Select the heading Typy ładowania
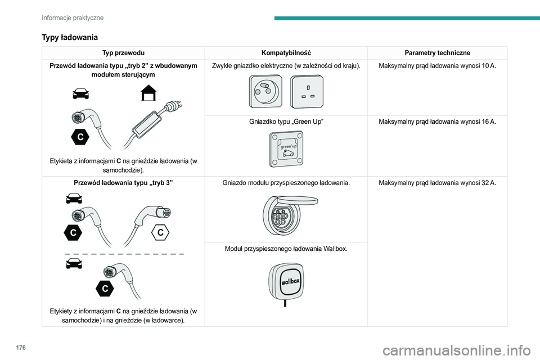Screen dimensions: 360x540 pyautogui.click(x=70, y=37)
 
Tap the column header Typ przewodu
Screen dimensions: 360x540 pyautogui.click(x=123, y=52)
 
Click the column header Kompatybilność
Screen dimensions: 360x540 pyautogui.click(x=286, y=52)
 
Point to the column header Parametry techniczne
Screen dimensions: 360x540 pyautogui.click(x=437, y=52)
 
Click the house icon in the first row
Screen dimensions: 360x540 pyautogui.click(x=148, y=92)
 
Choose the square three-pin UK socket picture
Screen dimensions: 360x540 pyautogui.click(x=307, y=91)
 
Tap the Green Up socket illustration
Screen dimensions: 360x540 pyautogui.click(x=286, y=148)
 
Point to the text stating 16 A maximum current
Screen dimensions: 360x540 pyautogui.click(x=437, y=121)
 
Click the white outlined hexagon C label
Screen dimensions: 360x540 pyautogui.click(x=160, y=232)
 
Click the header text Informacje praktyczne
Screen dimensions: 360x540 pyautogui.click(x=73, y=17)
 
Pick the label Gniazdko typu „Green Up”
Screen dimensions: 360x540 pyautogui.click(x=286, y=121)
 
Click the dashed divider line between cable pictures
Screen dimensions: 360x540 pyautogui.click(x=124, y=254)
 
